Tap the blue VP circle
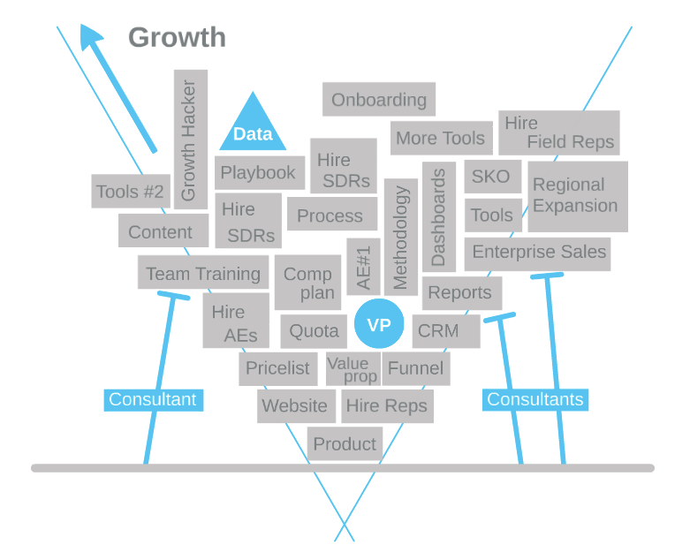coord(379,324)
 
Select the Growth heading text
coord(177,37)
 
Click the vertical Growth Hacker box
coord(190,140)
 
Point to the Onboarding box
coord(379,100)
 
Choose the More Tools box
coord(441,138)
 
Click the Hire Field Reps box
coord(558,132)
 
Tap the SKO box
coord(491,177)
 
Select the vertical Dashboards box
coord(439,216)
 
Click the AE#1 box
coord(363,266)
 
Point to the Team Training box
coord(203,273)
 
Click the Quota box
coord(314,331)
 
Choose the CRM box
coord(445,331)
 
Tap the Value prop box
coord(353,369)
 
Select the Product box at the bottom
coord(345,443)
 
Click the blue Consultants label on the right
coord(535,399)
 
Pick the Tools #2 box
coord(131,192)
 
